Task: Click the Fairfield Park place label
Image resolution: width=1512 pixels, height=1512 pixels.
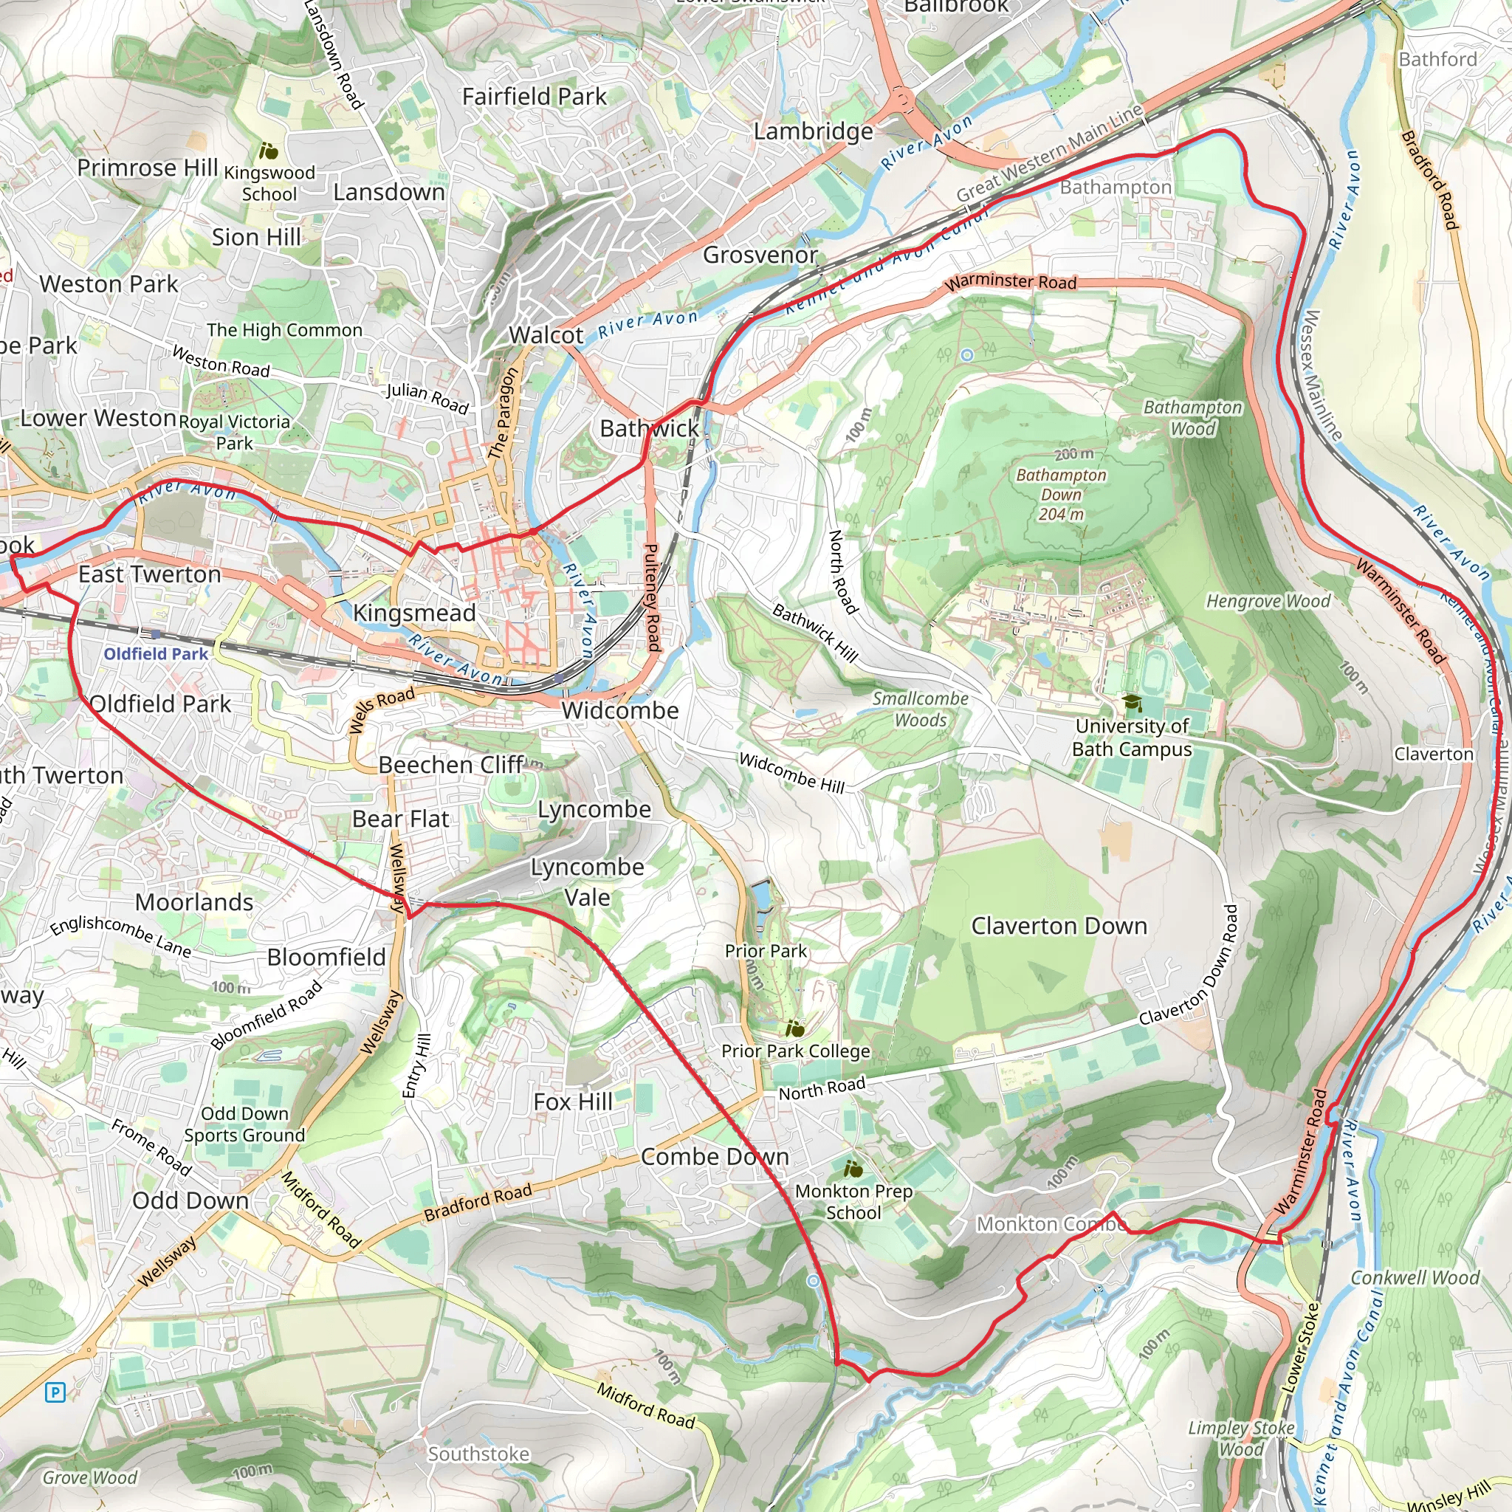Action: pyautogui.click(x=534, y=96)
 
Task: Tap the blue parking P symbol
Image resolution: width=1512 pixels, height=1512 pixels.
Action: pyautogui.click(x=55, y=1392)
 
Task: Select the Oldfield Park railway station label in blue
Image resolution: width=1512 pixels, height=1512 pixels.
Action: pyautogui.click(x=156, y=653)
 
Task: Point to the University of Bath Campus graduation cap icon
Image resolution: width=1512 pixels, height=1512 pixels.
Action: pyautogui.click(x=1132, y=702)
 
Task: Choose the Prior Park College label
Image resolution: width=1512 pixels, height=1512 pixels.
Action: pyautogui.click(x=795, y=1051)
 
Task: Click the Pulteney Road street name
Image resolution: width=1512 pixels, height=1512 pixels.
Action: pyautogui.click(x=651, y=598)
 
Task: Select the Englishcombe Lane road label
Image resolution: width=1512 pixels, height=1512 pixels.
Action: pyautogui.click(x=120, y=936)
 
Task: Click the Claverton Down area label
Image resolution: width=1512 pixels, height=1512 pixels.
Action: pyautogui.click(x=1058, y=926)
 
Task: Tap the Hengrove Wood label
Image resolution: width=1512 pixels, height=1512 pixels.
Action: pyautogui.click(x=1268, y=601)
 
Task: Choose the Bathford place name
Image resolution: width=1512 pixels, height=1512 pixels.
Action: pyautogui.click(x=1437, y=60)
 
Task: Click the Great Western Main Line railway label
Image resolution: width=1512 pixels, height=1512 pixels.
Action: pyautogui.click(x=1048, y=154)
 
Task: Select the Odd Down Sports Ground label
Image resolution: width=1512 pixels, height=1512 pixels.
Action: pyautogui.click(x=244, y=1124)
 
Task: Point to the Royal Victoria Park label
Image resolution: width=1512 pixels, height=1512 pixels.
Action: pyautogui.click(x=235, y=432)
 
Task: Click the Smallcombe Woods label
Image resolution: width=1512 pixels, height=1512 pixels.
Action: pyautogui.click(x=921, y=709)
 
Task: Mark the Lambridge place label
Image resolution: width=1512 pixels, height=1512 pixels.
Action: pyautogui.click(x=812, y=131)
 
